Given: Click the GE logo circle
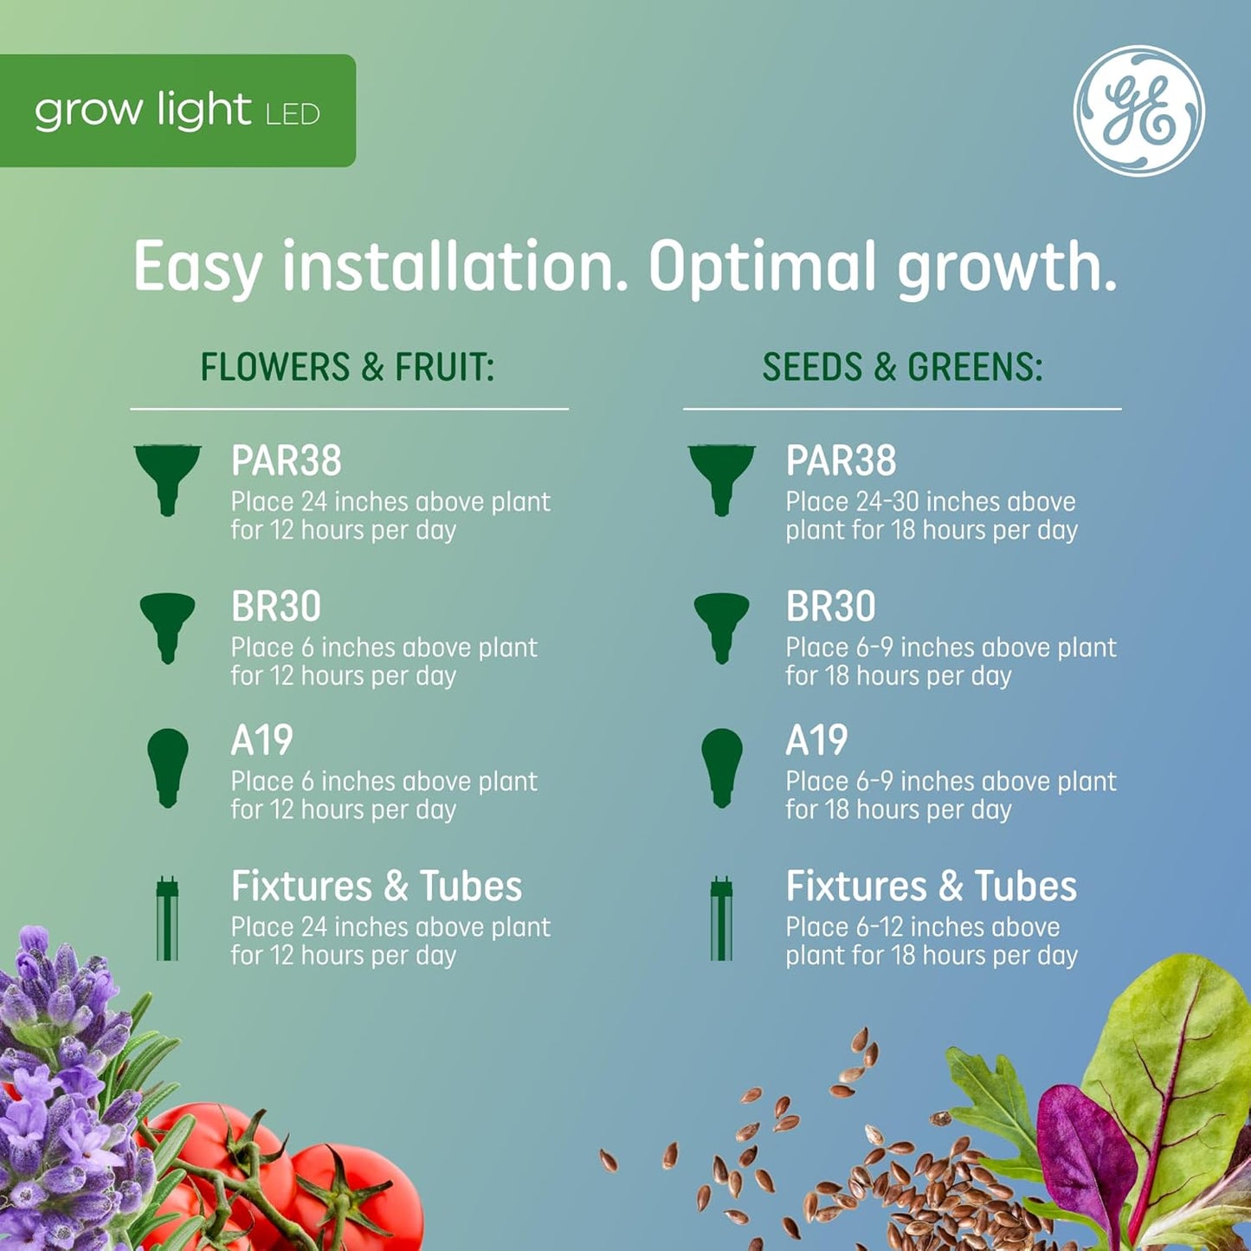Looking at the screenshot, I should [1138, 111].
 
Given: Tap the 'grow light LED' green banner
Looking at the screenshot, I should [177, 111].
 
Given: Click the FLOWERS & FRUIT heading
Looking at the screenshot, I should [347, 367].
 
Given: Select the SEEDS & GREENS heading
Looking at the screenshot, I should [902, 367].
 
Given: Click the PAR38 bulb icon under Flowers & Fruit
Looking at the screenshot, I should [167, 478].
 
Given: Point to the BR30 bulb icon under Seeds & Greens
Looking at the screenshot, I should [721, 626].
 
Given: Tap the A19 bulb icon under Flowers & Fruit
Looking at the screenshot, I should [167, 767].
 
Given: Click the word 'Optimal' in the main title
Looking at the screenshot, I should [762, 267].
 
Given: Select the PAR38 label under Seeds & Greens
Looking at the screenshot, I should [841, 461].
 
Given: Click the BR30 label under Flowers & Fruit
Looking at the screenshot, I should [276, 607].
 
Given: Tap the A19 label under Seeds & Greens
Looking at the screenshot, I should [816, 741].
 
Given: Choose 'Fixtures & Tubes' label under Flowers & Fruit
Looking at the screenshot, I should [377, 887].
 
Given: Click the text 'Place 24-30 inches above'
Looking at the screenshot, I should [931, 502].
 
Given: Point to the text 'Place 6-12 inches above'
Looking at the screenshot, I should [922, 927].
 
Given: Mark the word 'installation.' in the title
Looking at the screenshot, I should [455, 267].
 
